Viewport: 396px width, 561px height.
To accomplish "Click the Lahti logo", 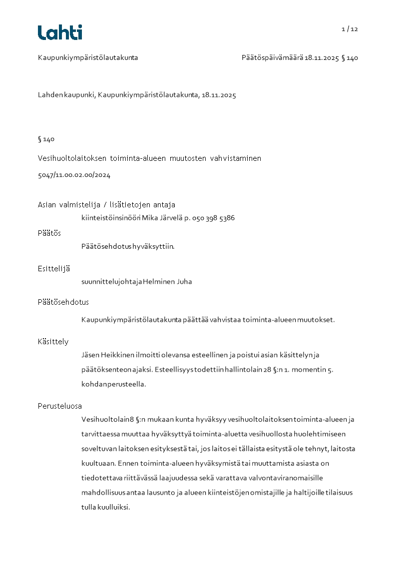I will pos(60,32).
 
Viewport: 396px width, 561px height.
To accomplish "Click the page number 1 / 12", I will pos(350,29).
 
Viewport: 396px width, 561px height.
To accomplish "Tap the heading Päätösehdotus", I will pos(63,302).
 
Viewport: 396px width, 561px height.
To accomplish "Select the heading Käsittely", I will pos(53,342).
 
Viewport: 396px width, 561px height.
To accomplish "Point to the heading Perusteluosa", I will pos(60,406).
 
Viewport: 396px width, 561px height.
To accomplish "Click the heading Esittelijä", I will pos(54,269).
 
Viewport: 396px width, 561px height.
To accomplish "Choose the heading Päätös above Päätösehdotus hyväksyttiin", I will pos(49,233).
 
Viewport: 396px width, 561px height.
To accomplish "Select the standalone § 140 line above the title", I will pos(46,139).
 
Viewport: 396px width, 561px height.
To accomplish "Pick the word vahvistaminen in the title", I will pos(235,158).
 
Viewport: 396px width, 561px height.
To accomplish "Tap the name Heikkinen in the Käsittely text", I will pos(116,355).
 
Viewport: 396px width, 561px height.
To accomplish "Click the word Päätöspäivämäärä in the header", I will pos(272,58).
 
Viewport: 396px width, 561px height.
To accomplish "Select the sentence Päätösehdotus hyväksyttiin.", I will pos(128,246).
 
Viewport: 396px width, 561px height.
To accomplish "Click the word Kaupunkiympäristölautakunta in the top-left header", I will pos(88,58).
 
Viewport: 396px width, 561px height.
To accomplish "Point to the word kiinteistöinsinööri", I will pos(111,218).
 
